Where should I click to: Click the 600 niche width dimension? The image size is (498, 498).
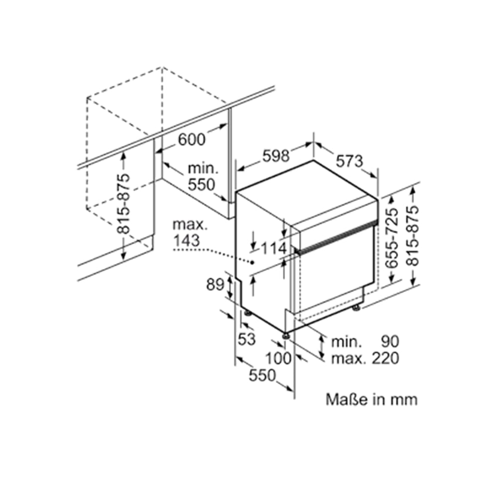[x=191, y=139]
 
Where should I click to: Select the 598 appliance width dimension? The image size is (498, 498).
[x=276, y=156]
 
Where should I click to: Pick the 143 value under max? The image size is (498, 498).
[x=187, y=241]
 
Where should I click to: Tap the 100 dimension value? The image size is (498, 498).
[x=278, y=358]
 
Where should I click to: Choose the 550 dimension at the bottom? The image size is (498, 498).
[x=262, y=375]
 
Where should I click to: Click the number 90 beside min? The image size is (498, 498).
[x=390, y=342]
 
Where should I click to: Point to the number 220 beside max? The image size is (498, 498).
[x=384, y=358]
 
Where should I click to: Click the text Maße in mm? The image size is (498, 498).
[x=372, y=399]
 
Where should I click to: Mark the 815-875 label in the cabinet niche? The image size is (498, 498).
[x=123, y=204]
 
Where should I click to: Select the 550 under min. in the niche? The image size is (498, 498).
[x=201, y=185]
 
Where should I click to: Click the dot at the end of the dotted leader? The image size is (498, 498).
[x=253, y=262]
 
